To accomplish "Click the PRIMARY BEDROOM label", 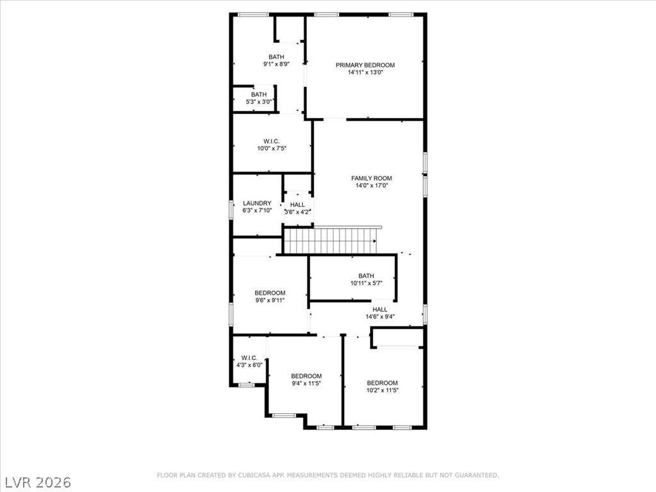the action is pyautogui.click(x=365, y=65).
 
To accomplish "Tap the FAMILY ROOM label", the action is pyautogui.click(x=372, y=178).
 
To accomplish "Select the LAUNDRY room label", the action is pyautogui.click(x=257, y=203).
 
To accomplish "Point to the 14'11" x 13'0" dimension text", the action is pyautogui.click(x=365, y=72).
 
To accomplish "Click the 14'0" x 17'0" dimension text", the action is pyautogui.click(x=372, y=185).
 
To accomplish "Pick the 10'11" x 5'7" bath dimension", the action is pyautogui.click(x=366, y=283).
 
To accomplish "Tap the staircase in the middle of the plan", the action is pyautogui.click(x=331, y=241).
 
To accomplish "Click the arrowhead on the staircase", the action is pyautogui.click(x=374, y=241).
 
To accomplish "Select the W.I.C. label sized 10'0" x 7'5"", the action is pyautogui.click(x=272, y=142).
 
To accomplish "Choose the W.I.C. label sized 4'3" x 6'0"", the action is pyautogui.click(x=249, y=358).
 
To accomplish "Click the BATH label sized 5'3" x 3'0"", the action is pyautogui.click(x=259, y=95).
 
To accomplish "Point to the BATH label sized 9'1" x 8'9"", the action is pyautogui.click(x=276, y=57).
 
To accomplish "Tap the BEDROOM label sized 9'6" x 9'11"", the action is pyautogui.click(x=270, y=293).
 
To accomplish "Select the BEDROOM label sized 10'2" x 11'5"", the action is pyautogui.click(x=382, y=383).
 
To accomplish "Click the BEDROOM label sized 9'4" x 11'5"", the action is pyautogui.click(x=306, y=376).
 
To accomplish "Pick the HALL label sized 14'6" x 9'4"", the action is pyautogui.click(x=380, y=309).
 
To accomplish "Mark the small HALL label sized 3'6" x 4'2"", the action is pyautogui.click(x=297, y=204).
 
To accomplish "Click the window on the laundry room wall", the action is pyautogui.click(x=231, y=209).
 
